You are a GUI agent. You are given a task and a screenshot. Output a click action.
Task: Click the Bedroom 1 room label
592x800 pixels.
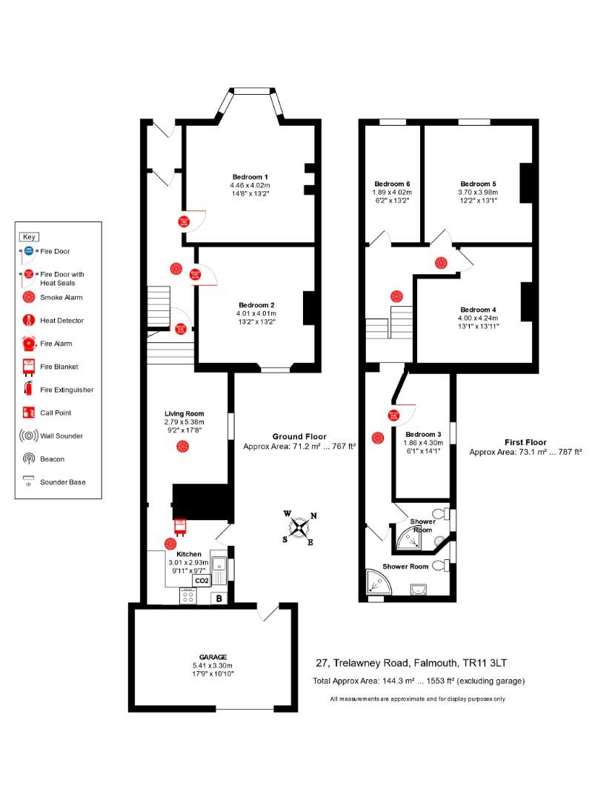[x=250, y=176]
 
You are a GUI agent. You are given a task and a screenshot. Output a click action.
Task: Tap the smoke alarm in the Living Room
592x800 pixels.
[x=182, y=446]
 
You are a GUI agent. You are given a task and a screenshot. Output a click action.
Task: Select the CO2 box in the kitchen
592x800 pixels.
[x=201, y=581]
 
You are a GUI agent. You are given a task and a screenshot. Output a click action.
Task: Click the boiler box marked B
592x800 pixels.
[x=219, y=599]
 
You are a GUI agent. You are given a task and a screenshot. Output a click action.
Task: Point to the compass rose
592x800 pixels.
[x=299, y=528]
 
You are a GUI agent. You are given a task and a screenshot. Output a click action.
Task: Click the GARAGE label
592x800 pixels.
[x=212, y=657]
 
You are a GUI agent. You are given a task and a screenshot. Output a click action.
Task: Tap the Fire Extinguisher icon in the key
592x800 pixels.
[x=28, y=390]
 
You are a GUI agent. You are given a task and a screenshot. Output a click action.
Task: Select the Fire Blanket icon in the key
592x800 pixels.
[x=28, y=367]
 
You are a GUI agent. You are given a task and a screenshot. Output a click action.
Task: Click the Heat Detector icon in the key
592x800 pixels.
[x=28, y=321]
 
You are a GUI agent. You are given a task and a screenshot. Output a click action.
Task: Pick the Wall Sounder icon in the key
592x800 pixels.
[x=28, y=436]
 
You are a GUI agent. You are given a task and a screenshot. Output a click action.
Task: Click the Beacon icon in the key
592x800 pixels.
[x=28, y=459]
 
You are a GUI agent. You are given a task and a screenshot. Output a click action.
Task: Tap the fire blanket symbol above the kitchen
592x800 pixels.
[x=179, y=527]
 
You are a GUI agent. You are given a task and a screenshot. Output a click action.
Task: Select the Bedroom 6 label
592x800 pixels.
[x=391, y=184]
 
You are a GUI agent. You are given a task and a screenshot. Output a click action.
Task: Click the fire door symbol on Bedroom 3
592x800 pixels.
[x=393, y=416]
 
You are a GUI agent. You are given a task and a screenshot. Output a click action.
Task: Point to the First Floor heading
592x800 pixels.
[x=525, y=442]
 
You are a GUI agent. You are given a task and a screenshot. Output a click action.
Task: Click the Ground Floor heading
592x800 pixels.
[x=299, y=437]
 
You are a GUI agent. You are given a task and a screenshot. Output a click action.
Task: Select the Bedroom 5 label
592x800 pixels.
[x=478, y=184]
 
